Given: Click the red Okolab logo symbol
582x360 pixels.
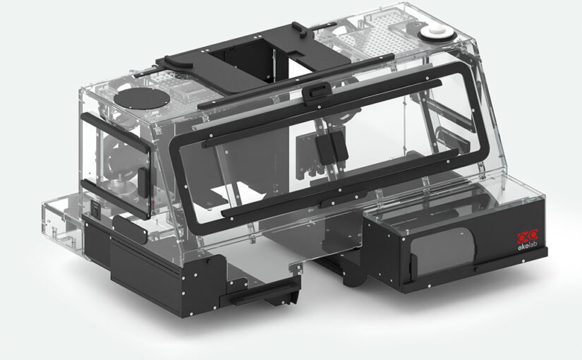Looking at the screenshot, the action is (528, 236).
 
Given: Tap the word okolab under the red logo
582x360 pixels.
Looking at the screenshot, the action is (528, 246).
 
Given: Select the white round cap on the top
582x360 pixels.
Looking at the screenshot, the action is (437, 33).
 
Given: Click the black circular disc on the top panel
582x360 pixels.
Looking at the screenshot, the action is (142, 98).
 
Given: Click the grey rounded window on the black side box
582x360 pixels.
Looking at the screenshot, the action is (442, 251).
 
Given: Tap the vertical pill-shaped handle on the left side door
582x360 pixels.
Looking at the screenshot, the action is (143, 182).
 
